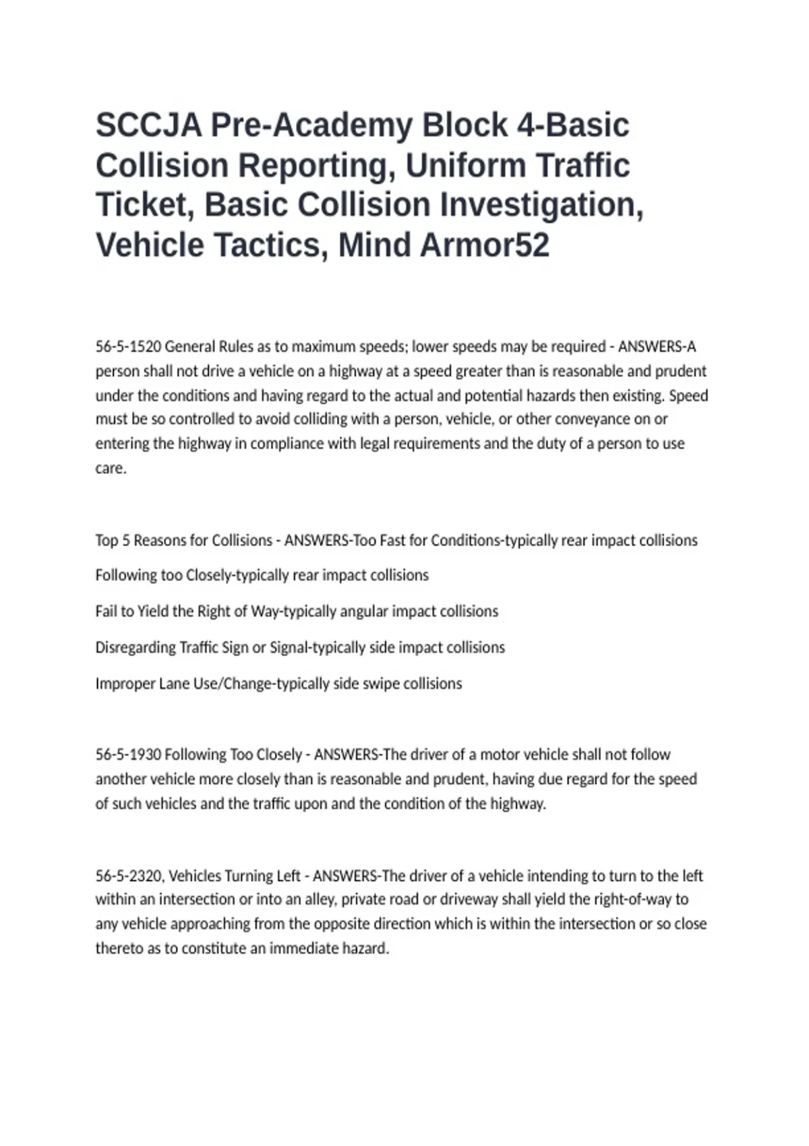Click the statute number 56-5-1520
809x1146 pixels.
click(128, 346)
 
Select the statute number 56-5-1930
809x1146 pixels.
click(128, 754)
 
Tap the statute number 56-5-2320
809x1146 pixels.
click(129, 876)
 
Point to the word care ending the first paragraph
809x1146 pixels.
click(110, 469)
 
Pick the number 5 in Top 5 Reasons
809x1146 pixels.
click(125, 541)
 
